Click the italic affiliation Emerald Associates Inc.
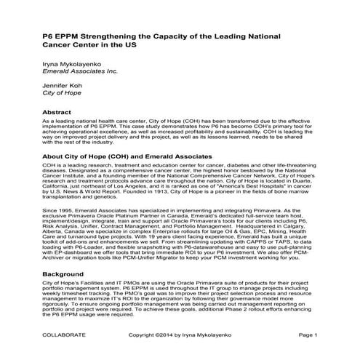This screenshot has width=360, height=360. tap(80, 73)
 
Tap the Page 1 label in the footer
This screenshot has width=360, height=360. tap(308, 335)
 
